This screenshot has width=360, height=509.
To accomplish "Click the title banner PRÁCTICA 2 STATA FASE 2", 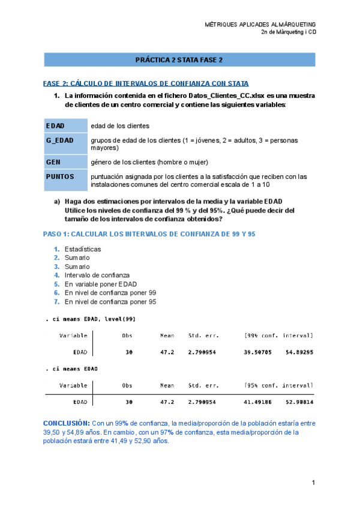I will (179, 61).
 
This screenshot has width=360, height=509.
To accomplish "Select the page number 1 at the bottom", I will (313, 483).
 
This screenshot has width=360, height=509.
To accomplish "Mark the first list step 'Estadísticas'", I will (83, 249).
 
